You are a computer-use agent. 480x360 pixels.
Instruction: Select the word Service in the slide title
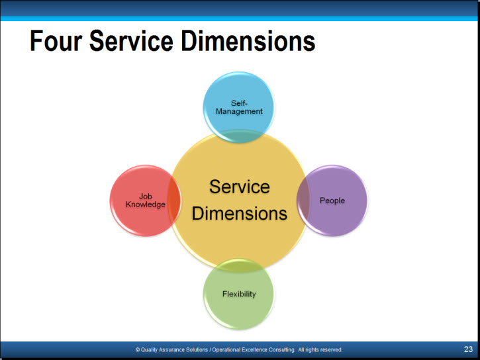131,40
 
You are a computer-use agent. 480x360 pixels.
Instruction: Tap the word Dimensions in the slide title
248,40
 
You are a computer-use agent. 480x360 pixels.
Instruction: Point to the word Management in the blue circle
239,111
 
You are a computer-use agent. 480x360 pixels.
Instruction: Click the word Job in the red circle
146,197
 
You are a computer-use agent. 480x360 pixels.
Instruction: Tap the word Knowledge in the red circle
146,204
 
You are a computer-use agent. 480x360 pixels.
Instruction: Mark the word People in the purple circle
332,201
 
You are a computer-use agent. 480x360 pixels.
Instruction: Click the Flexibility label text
239,294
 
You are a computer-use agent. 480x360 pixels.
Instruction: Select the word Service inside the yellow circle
240,187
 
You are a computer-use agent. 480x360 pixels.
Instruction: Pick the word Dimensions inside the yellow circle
240,214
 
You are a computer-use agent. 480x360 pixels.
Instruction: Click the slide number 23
468,349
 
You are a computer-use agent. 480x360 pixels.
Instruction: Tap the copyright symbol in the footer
138,349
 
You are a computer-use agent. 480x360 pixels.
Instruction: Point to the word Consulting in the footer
282,349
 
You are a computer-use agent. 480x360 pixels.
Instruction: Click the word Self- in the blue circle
239,103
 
